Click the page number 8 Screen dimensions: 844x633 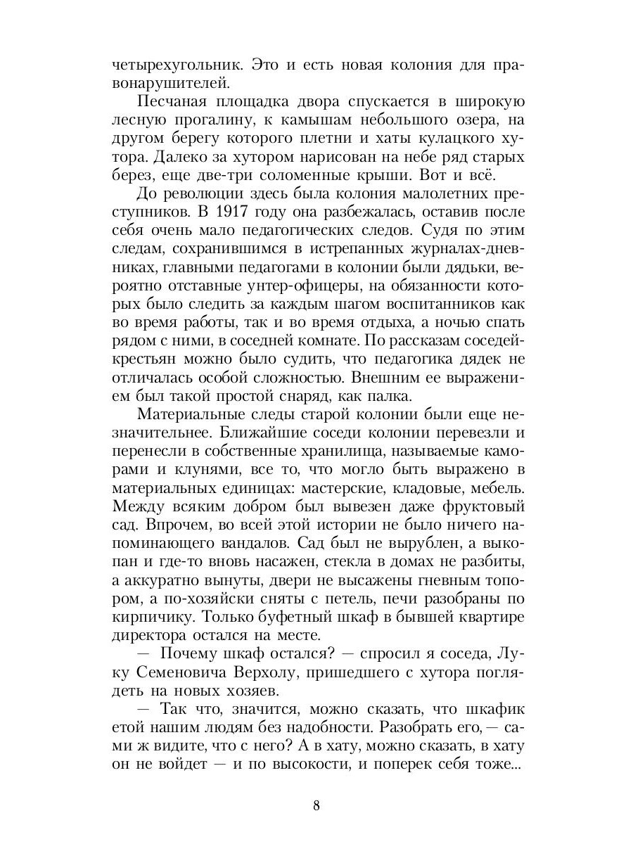click(x=316, y=806)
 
